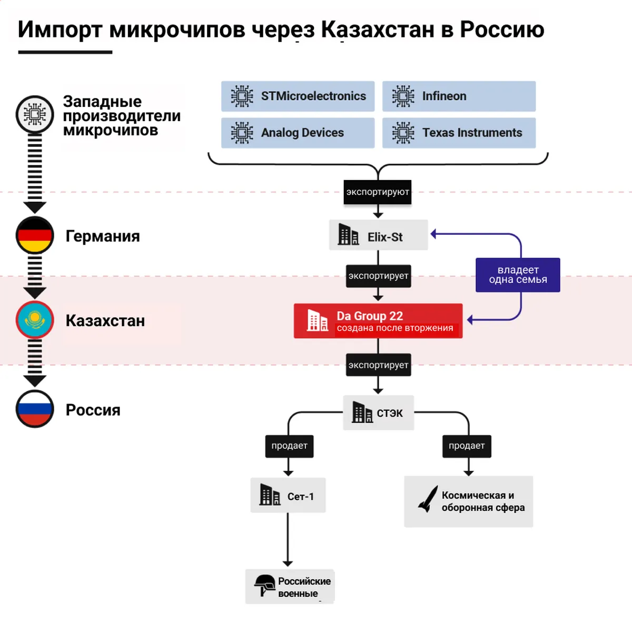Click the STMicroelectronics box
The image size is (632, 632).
pyautogui.click(x=298, y=96)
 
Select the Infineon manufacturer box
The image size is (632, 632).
pyautogui.click(x=459, y=96)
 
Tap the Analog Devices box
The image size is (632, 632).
pyautogui.click(x=298, y=133)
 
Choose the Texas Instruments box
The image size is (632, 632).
pyautogui.click(x=459, y=133)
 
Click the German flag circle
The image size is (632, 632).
pyautogui.click(x=35, y=235)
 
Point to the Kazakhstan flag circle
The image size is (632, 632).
pyautogui.click(x=35, y=320)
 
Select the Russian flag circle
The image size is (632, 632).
pyautogui.click(x=35, y=409)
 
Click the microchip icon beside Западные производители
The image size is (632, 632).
pyautogui.click(x=35, y=114)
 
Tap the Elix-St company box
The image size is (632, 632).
pyautogui.click(x=378, y=235)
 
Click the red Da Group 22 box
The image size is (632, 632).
pyautogui.click(x=378, y=321)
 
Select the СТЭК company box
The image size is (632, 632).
pyautogui.click(x=378, y=412)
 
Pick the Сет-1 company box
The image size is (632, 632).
pyautogui.click(x=288, y=496)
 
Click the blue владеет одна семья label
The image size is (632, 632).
pyautogui.click(x=518, y=275)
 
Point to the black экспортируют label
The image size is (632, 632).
pyautogui.click(x=378, y=192)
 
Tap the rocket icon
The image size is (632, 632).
pyautogui.click(x=428, y=499)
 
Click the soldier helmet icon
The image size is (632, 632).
pyautogui.click(x=265, y=585)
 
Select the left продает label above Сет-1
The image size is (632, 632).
pyautogui.click(x=289, y=446)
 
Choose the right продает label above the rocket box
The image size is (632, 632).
pyautogui.click(x=467, y=446)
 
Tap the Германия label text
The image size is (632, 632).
pyautogui.click(x=103, y=236)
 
